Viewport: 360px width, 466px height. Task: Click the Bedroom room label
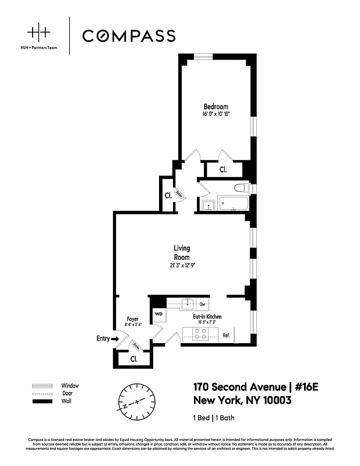point(216,107)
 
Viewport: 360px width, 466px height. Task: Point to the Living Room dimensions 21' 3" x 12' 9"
point(182,266)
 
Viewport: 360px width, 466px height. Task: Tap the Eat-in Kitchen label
point(207,316)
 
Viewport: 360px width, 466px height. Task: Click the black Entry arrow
point(115,338)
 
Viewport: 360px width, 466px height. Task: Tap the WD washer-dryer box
point(159,315)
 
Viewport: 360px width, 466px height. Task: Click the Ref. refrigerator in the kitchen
point(226,335)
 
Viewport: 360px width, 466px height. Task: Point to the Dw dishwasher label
point(203,303)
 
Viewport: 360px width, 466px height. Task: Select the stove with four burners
point(200,335)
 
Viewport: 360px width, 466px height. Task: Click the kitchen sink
point(188,303)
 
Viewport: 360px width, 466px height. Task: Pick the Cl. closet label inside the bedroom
point(223,170)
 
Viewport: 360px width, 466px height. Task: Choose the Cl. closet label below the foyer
point(133,359)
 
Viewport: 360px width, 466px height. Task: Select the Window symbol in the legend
point(43,386)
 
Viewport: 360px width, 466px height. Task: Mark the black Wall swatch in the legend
point(43,402)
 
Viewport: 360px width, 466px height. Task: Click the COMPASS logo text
point(128,36)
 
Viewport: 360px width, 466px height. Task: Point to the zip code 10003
point(271,401)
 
